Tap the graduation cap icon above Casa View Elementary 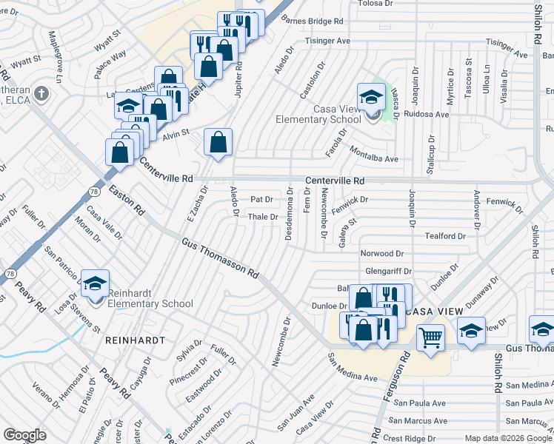[x=371, y=96]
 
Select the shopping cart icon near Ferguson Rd [x=430, y=337]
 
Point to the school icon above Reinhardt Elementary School [x=96, y=283]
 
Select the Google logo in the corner [x=24, y=435]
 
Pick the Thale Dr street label [x=261, y=217]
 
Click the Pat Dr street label [x=262, y=199]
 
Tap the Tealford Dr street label [x=444, y=236]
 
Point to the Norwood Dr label [x=381, y=254]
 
